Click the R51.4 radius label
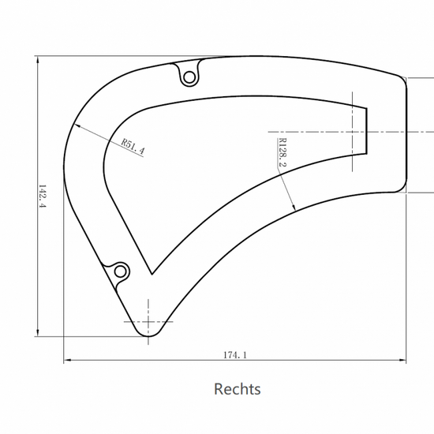[x=133, y=147]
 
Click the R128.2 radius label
[x=282, y=152]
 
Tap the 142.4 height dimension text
[x=42, y=196]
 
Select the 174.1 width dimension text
[x=235, y=355]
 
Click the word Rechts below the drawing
[x=238, y=389]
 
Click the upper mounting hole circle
[x=189, y=77]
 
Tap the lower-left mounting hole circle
[x=121, y=271]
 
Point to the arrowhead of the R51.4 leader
[x=77, y=125]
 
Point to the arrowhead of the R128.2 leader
[x=294, y=208]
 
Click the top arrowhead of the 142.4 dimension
[x=38, y=59]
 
